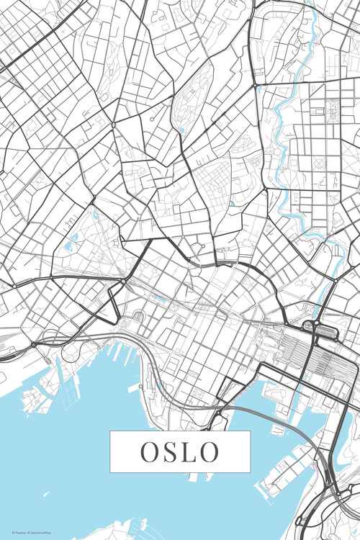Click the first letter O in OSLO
pos(149,452)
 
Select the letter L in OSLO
pos(189,452)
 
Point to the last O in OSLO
pos(210,452)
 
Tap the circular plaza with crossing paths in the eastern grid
pos(333,108)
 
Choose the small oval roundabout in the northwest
pos(112,125)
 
